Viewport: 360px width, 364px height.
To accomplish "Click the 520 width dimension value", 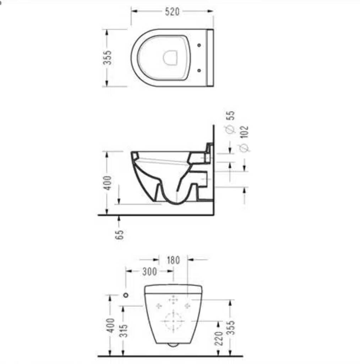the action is click(172, 12).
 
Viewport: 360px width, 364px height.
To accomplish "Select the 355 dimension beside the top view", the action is click(108, 58).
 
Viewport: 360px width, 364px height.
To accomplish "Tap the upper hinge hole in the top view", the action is click(199, 45).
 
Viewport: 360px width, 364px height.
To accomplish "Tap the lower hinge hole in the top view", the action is click(199, 70).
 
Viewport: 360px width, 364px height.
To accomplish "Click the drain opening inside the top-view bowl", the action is click(170, 57).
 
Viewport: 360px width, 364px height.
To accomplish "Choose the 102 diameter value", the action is click(244, 132).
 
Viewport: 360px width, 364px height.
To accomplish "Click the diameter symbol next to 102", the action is click(244, 148).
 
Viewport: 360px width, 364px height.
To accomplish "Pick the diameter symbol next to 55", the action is click(230, 129).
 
